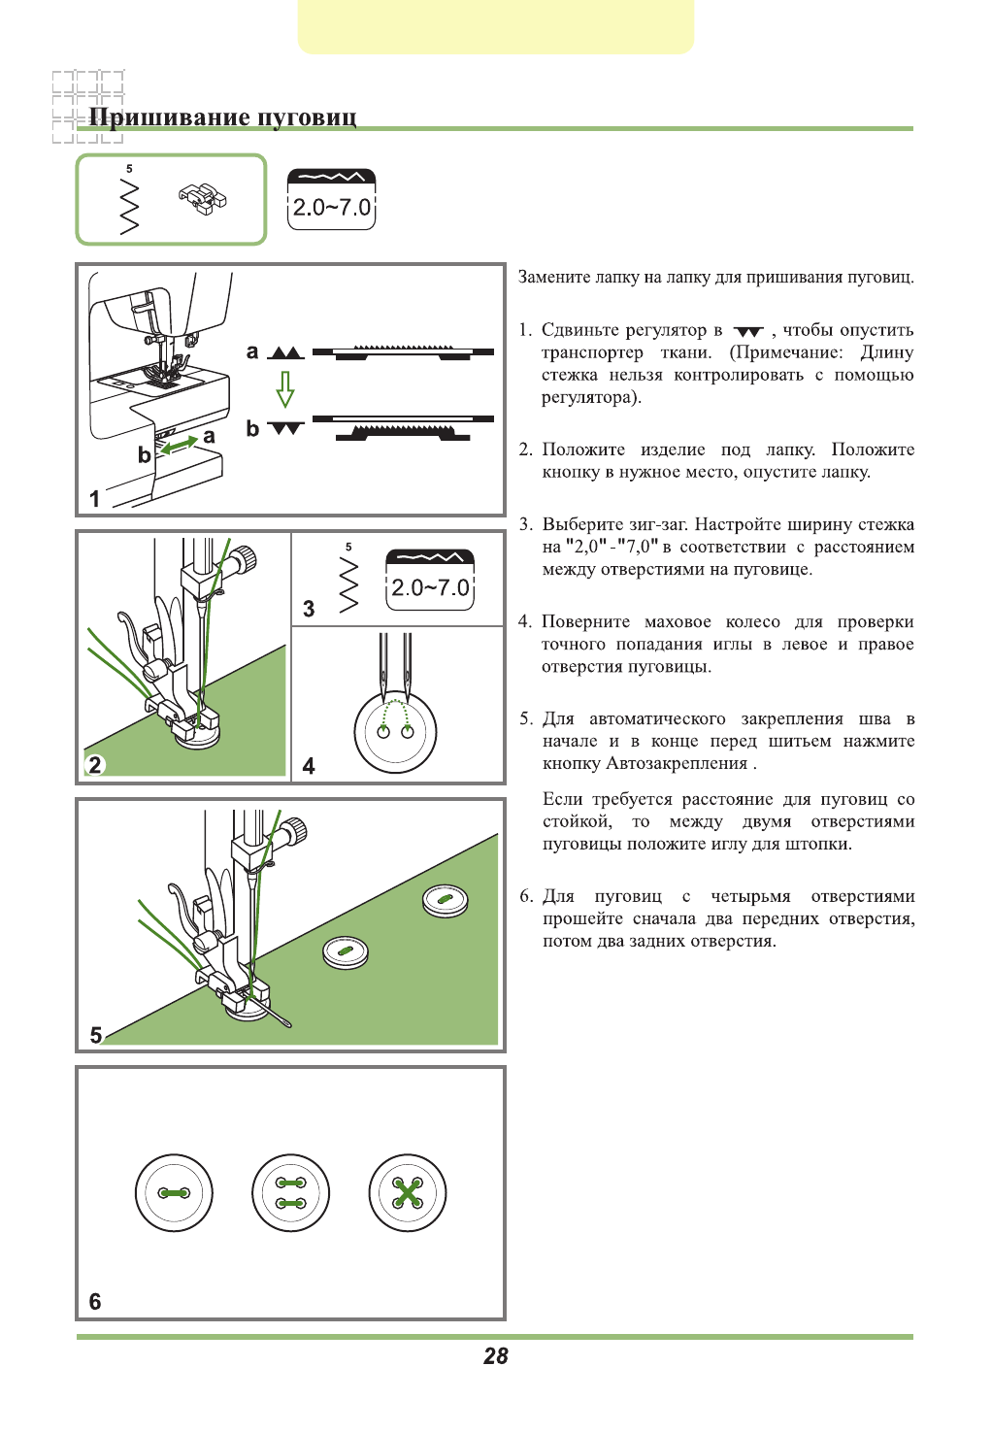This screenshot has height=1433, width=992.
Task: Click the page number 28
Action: (496, 1356)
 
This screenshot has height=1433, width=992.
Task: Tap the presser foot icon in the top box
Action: (202, 199)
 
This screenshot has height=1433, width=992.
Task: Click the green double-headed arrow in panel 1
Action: (180, 445)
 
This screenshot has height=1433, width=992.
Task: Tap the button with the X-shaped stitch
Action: (408, 1192)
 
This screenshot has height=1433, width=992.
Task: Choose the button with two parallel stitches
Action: (290, 1192)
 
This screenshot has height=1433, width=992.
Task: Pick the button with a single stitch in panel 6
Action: (174, 1192)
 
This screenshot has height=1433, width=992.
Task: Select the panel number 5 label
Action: (96, 1035)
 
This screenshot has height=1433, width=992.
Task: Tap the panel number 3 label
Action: (309, 609)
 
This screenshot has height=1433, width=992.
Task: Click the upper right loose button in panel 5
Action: (446, 901)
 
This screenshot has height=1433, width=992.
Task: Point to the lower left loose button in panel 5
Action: (346, 951)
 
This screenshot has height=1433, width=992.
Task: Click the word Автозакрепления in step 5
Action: (677, 763)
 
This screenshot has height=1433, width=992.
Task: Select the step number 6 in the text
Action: (525, 896)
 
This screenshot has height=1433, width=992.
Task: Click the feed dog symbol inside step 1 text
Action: (748, 332)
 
